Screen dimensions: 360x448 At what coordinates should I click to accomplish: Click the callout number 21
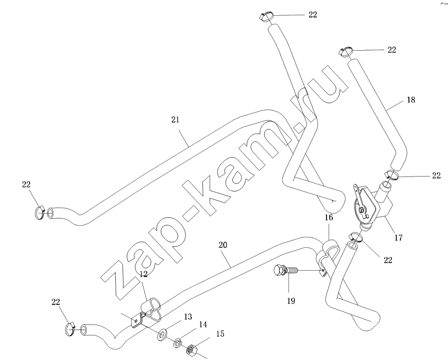point(175,120)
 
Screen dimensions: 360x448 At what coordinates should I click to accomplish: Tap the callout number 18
point(411,99)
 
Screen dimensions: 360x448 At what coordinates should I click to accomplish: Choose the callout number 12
point(143,274)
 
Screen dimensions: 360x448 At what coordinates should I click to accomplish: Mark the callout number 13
point(186,317)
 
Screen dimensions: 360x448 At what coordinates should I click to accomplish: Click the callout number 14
point(203,326)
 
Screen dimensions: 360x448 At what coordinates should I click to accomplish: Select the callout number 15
point(219,334)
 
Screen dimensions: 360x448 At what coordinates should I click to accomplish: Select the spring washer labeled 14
point(178,342)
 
